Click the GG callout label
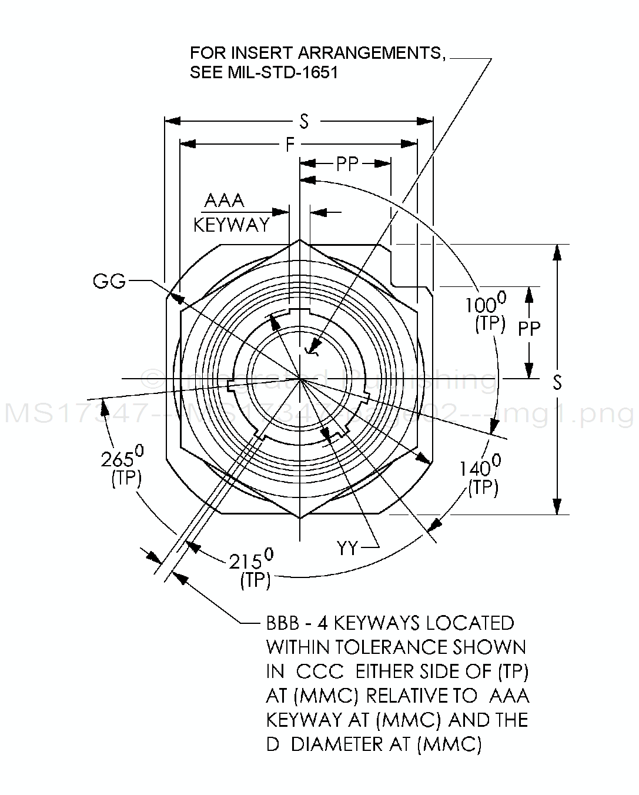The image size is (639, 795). click(x=109, y=281)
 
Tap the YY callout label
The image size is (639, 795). click(x=347, y=548)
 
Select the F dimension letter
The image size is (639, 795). click(x=290, y=144)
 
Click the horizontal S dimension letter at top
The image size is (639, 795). click(x=304, y=121)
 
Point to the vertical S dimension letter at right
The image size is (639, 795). click(x=557, y=382)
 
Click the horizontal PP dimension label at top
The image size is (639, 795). click(x=347, y=163)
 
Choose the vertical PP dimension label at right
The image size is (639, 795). click(x=529, y=328)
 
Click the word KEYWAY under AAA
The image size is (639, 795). click(x=232, y=224)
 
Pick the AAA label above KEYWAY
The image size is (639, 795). click(x=224, y=201)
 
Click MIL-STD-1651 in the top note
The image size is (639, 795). click(x=282, y=73)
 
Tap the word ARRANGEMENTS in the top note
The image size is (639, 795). click(x=370, y=53)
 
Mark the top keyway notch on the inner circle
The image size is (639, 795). click(x=300, y=312)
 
